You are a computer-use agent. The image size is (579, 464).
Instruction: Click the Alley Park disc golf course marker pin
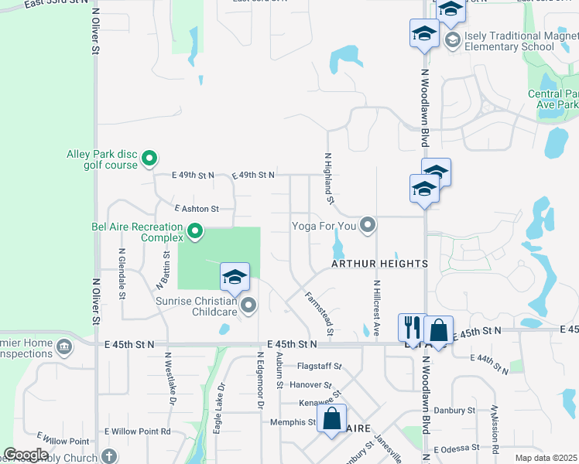pos(150,160)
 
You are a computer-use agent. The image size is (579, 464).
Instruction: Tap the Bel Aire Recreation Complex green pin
pos(195,231)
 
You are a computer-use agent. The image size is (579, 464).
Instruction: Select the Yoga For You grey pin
pos(368,226)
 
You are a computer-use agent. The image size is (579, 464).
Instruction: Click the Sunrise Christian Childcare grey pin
pos(248,305)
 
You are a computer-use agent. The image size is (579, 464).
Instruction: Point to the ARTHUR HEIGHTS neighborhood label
pos(379,264)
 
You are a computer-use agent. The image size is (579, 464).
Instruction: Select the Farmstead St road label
pos(318,313)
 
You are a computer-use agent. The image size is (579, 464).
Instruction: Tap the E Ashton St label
pos(197,209)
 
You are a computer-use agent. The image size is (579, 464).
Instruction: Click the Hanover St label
pos(311,384)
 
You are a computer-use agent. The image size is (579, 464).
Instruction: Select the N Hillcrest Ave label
pos(376,307)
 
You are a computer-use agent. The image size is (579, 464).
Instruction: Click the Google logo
pos(26,455)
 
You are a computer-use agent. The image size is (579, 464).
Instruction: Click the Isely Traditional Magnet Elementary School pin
pos(452,39)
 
